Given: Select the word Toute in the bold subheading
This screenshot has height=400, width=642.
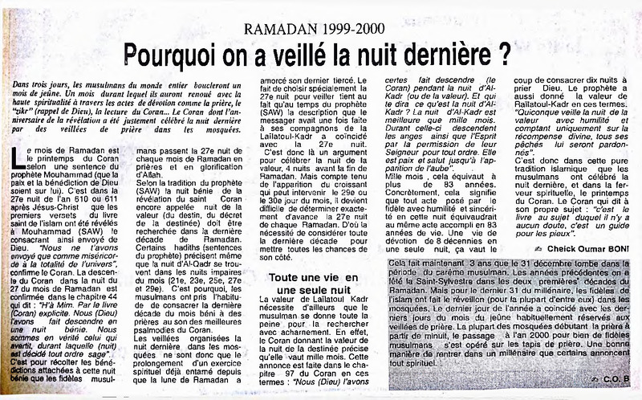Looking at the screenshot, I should coord(285,277).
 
